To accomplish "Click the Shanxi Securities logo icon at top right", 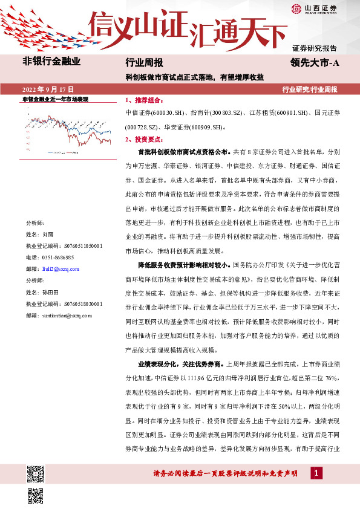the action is coord(296,8).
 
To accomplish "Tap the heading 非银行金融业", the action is coord(51,61).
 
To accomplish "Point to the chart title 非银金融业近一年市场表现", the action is coord(55,99).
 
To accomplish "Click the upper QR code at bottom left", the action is coord(35,472).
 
